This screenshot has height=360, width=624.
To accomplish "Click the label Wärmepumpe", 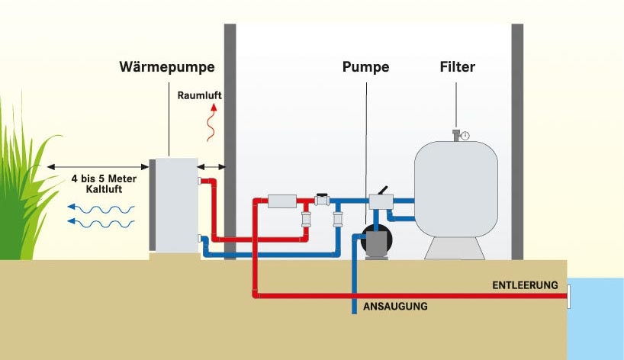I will [166, 67].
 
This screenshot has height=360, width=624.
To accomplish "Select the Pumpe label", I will [365, 67].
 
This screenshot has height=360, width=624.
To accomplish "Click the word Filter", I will [458, 67].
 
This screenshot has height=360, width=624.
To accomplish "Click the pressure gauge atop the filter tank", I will [464, 135].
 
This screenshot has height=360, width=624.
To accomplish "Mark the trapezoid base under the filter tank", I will [455, 246].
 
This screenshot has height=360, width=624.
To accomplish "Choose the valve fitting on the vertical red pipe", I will [305, 220].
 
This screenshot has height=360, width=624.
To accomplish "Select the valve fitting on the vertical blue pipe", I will [337, 220].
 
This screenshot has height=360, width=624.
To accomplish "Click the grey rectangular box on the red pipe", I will [281, 201].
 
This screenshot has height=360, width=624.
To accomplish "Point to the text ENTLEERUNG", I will [525, 285].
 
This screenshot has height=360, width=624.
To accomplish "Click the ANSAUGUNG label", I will [394, 307].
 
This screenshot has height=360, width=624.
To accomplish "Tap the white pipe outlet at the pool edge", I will [568, 295].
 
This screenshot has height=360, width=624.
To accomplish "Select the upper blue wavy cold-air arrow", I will [100, 207].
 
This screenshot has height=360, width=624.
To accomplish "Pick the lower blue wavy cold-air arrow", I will [100, 223].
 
